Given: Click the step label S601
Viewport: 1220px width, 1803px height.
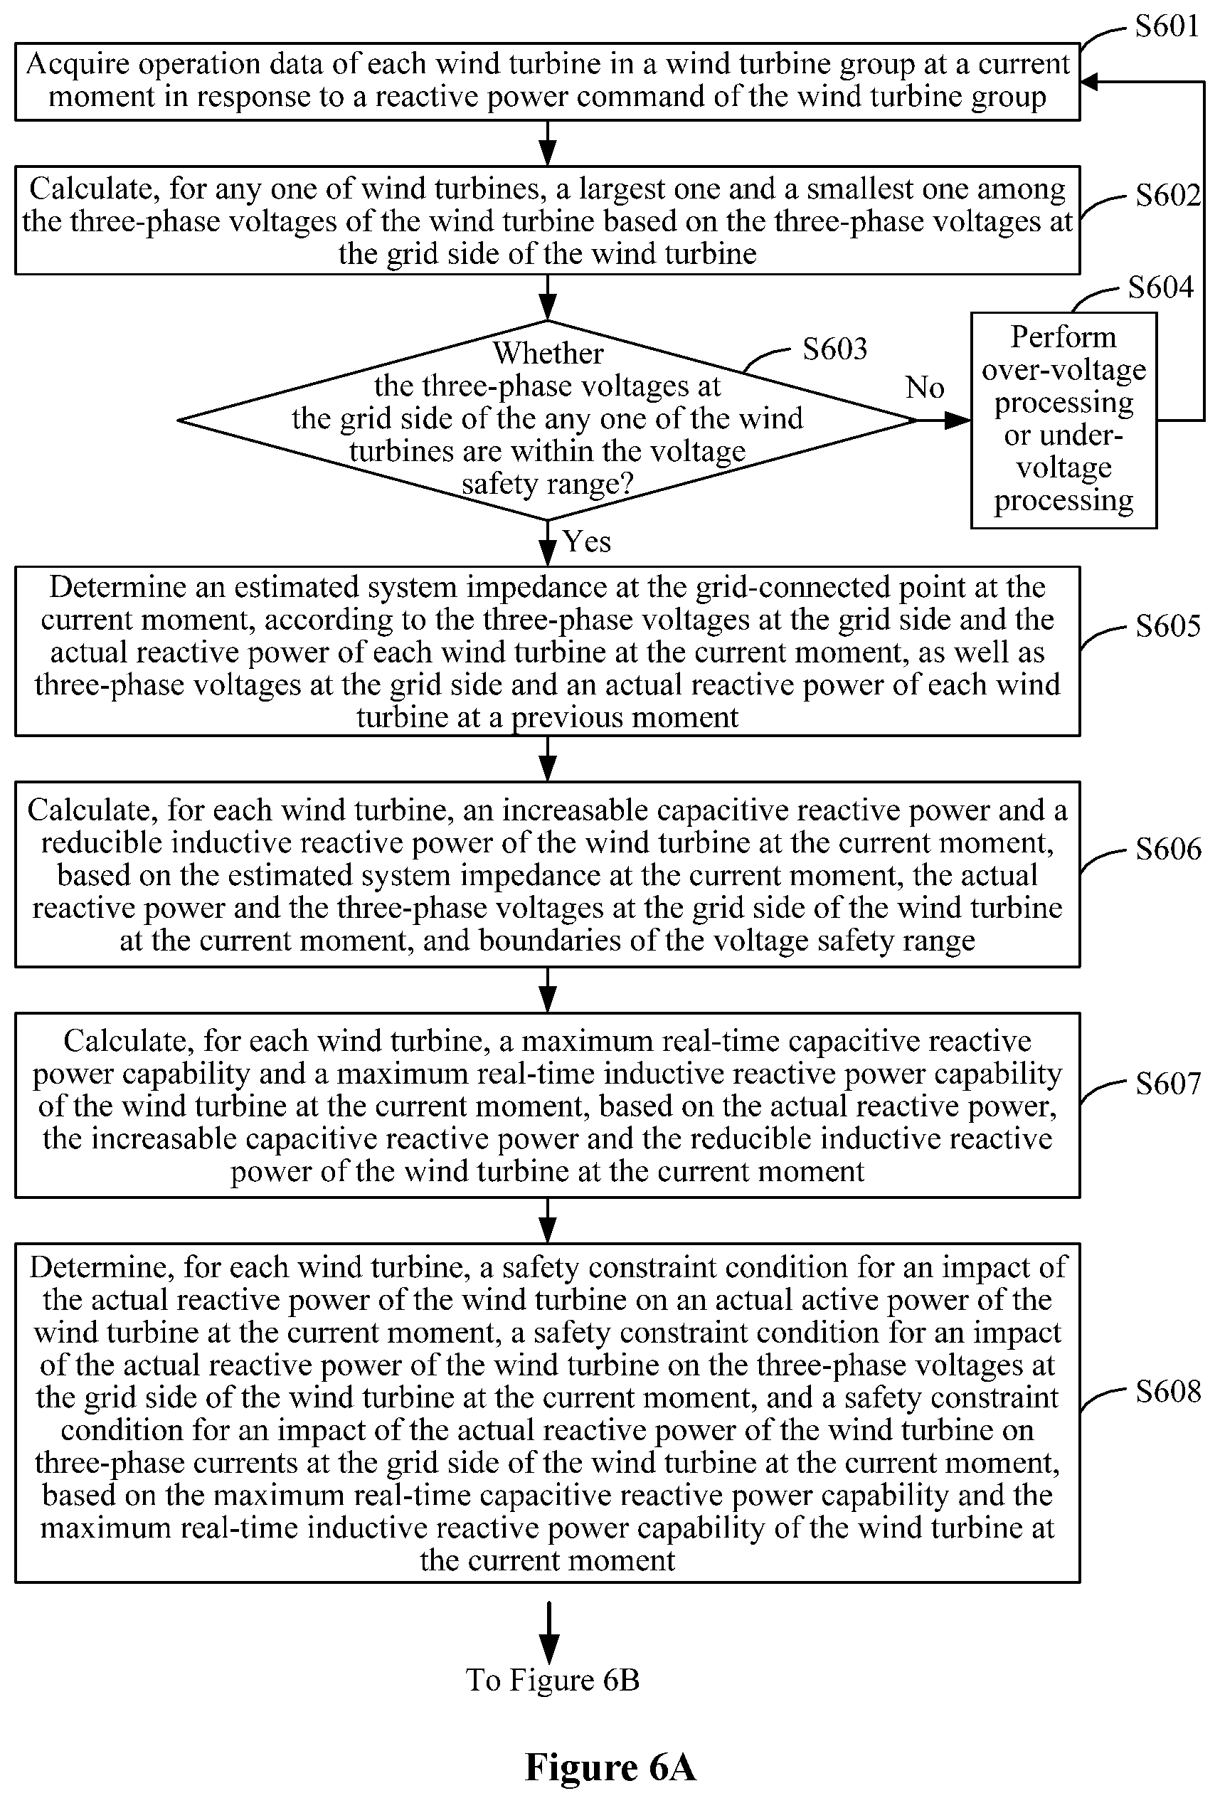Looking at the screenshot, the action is click(x=1167, y=26).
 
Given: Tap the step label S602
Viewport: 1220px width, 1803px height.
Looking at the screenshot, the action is click(x=1168, y=195).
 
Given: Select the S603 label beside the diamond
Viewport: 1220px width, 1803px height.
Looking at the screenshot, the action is click(x=834, y=349).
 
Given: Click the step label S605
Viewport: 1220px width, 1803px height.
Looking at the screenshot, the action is click(x=1168, y=626).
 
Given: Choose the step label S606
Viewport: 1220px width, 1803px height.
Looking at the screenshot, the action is click(x=1168, y=849).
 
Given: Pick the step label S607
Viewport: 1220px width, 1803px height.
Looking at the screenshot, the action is click(x=1168, y=1083).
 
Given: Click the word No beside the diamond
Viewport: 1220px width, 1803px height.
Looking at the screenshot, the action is click(x=925, y=387).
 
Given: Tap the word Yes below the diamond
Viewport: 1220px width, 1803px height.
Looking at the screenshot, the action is click(x=587, y=541).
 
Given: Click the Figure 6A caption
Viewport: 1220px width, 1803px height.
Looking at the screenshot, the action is click(x=610, y=1767).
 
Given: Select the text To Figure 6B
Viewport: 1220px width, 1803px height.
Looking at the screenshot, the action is click(x=552, y=1680).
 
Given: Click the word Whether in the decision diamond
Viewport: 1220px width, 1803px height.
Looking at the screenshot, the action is click(x=548, y=353).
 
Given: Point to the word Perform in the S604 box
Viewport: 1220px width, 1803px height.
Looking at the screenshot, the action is click(x=1063, y=337).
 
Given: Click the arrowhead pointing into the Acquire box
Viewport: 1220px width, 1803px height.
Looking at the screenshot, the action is click(x=1089, y=81).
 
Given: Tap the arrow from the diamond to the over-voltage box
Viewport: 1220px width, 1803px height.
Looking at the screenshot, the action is click(x=944, y=421).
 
